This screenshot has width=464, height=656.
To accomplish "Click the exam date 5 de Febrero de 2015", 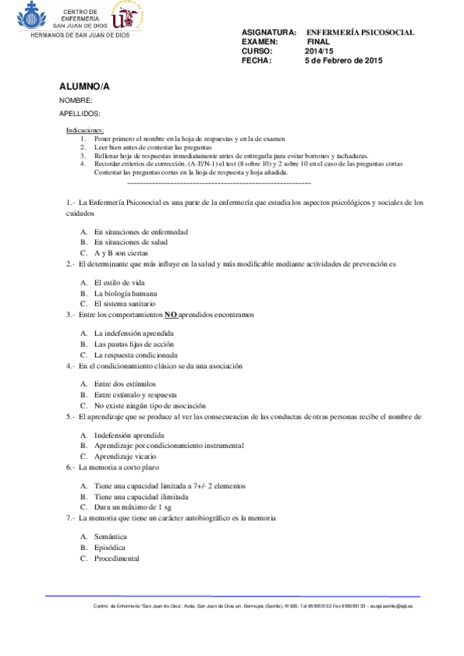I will [x=344, y=60].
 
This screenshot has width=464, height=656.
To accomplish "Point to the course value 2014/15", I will [x=318, y=51].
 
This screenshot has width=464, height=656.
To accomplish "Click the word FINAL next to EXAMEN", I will [x=318, y=42].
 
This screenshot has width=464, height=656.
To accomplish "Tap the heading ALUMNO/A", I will [x=84, y=86].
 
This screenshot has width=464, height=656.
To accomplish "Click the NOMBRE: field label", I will [x=76, y=101].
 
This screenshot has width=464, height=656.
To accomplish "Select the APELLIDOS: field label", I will [x=80, y=114].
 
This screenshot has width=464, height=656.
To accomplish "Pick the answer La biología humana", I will [x=125, y=293].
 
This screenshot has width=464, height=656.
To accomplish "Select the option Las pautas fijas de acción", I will [x=133, y=344].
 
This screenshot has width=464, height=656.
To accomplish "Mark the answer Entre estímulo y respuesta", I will [x=135, y=395].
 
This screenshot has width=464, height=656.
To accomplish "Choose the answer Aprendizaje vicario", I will [x=129, y=456].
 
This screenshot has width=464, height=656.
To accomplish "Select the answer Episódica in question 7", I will [x=110, y=547].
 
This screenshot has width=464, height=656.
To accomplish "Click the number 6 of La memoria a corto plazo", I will [x=69, y=467].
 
